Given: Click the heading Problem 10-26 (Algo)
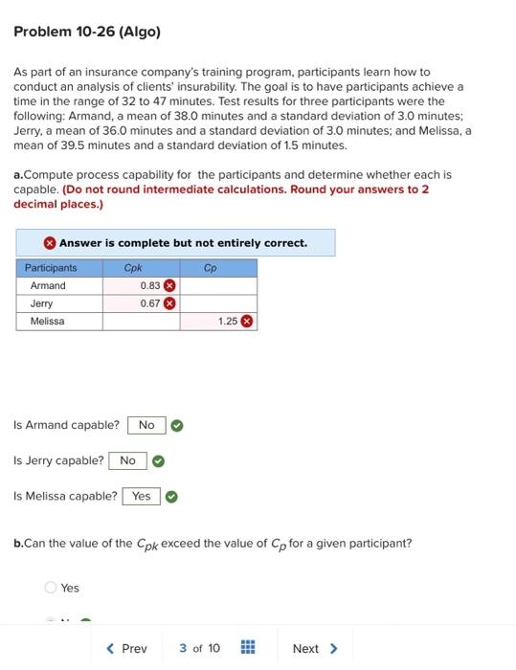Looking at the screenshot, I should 87,32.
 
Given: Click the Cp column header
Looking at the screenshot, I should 211,268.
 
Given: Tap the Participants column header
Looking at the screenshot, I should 51,268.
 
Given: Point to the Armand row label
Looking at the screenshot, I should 48,285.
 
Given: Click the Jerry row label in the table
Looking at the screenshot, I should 42,303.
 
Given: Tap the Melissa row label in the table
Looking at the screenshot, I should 48,322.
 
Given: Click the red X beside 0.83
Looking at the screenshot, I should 169,285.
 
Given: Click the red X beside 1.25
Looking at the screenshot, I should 246,322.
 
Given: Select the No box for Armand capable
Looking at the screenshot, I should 146,425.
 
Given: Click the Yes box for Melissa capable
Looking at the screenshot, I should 141,496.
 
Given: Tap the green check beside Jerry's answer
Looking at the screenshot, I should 159,461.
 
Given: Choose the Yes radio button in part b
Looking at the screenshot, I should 50,588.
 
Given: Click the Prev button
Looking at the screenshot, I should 127,649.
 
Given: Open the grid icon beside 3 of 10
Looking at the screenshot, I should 247,649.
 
